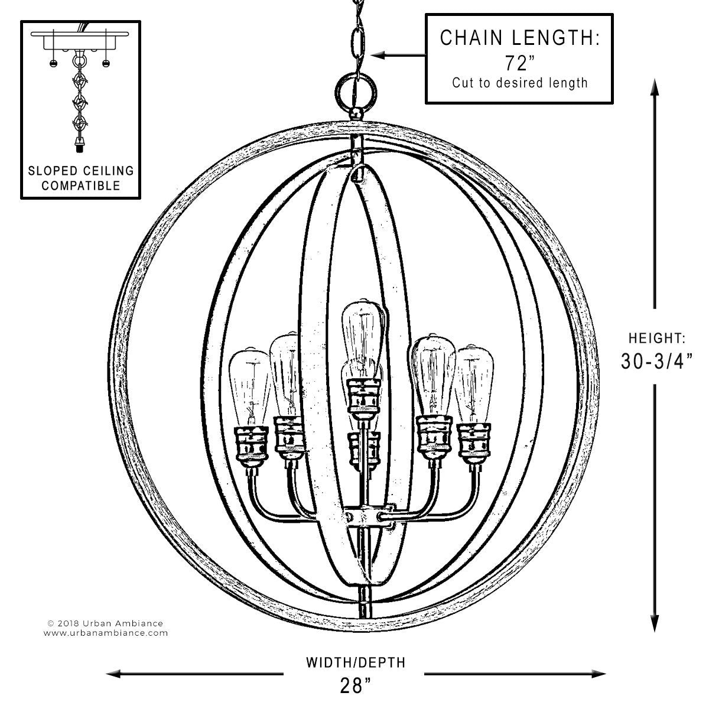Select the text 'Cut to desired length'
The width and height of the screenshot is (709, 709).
(x=519, y=83)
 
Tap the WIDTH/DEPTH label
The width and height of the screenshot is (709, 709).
(x=356, y=662)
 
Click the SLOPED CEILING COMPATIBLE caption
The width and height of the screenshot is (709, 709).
(x=81, y=178)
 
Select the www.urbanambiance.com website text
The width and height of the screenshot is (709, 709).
(x=106, y=633)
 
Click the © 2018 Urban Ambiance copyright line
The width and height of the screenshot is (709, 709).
(x=105, y=623)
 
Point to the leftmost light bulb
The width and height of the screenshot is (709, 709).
(x=249, y=386)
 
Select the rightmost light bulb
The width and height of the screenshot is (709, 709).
(x=474, y=384)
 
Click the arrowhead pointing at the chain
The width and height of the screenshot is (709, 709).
(x=378, y=55)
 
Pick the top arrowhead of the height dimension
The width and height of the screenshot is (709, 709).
(x=655, y=87)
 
